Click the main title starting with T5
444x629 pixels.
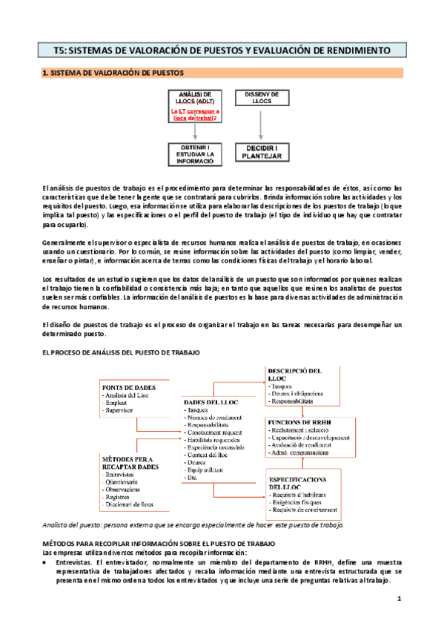coord(222,50)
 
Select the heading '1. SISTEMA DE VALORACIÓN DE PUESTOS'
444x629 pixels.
coord(118,73)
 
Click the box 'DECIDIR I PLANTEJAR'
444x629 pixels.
coord(260,152)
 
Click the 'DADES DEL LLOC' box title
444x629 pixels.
coord(213,402)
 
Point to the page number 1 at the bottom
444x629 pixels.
coord(399,598)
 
